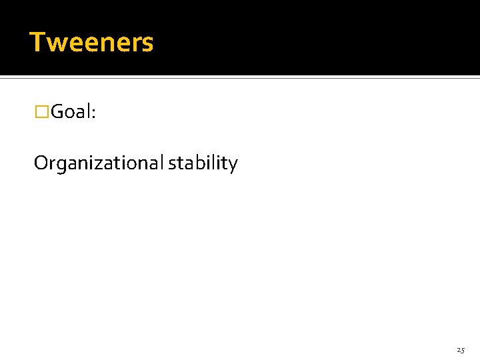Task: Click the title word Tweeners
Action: [91, 43]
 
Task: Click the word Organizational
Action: [98, 164]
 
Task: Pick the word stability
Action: [203, 164]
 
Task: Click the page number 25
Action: [461, 349]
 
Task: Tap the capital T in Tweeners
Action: [37, 43]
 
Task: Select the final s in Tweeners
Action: [148, 44]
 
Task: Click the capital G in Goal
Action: [57, 112]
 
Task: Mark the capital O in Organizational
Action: [41, 163]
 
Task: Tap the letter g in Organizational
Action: [61, 166]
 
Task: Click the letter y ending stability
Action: [233, 166]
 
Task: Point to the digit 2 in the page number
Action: [459, 349]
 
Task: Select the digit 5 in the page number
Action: [463, 350]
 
